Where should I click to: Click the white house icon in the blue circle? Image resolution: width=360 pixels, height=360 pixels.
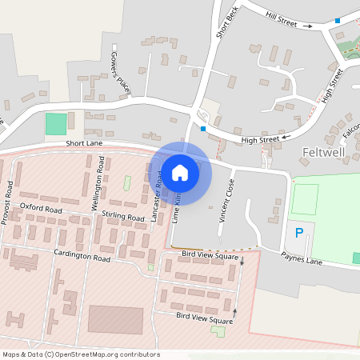pyautogui.click(x=180, y=172)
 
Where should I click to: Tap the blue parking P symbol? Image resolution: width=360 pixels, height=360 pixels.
pyautogui.click(x=300, y=234)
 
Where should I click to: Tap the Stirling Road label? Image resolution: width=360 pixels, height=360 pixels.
pyautogui.click(x=123, y=217)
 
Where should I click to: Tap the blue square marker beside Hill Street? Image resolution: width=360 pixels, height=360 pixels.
pyautogui.click(x=337, y=20)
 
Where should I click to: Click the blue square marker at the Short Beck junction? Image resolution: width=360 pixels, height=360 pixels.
pyautogui.click(x=203, y=128)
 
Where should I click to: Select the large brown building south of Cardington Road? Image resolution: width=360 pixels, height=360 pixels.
pyautogui.click(x=116, y=319)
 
